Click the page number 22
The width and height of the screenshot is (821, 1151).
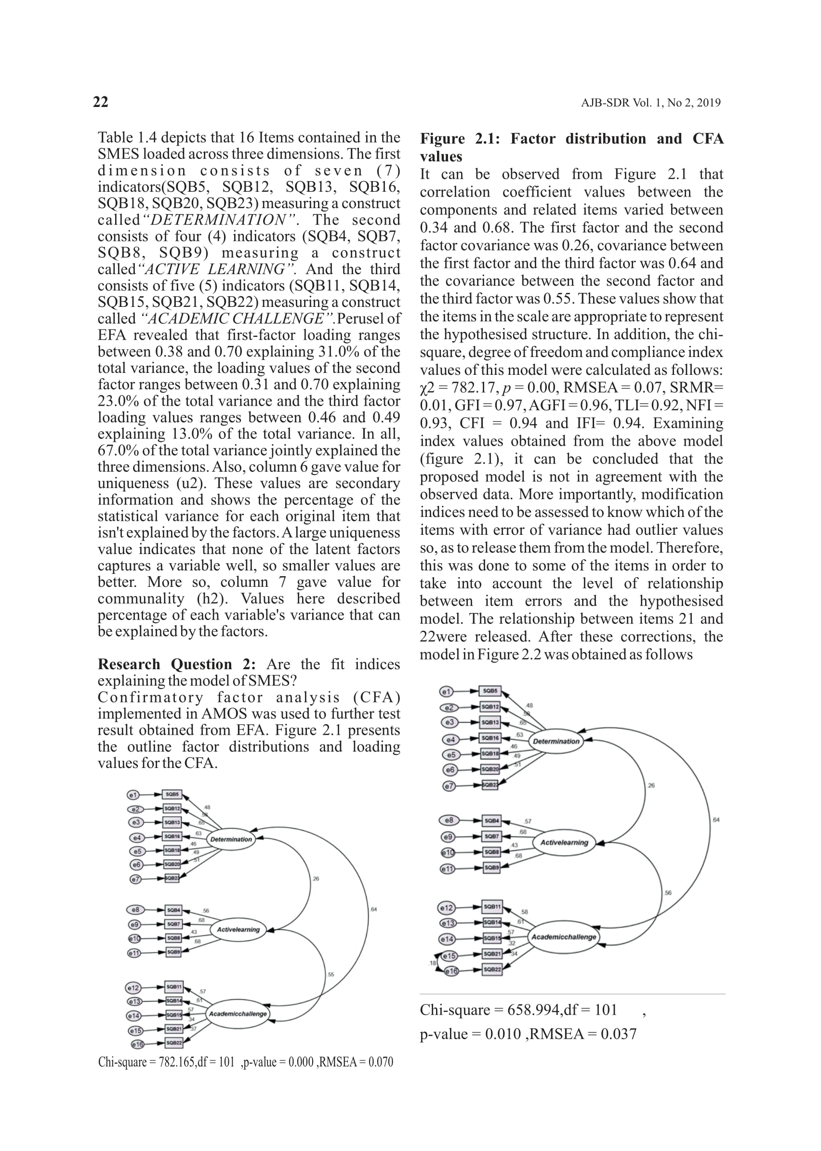tap(101, 102)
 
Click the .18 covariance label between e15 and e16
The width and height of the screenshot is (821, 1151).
tap(432, 964)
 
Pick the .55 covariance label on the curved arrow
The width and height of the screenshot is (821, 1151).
tap(331, 974)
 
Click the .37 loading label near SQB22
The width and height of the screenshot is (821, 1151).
tap(193, 1029)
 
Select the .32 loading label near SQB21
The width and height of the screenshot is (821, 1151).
tap(512, 943)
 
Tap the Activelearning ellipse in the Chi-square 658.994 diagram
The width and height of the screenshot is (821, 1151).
tap(564, 843)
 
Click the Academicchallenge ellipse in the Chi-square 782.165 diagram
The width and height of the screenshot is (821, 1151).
tap(238, 1014)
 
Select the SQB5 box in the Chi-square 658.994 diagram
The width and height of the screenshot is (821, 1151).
tap(490, 690)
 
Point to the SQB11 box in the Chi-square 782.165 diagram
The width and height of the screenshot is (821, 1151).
tap(174, 987)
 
